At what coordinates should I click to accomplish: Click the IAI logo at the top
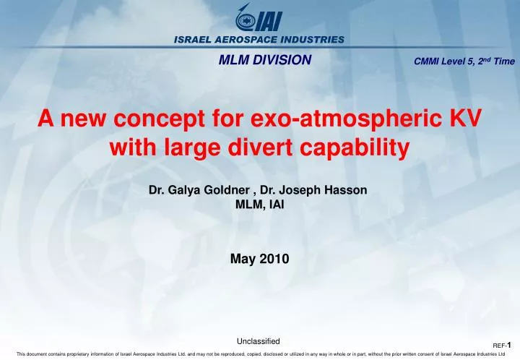click(259, 22)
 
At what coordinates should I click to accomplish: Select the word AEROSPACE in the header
click(248, 39)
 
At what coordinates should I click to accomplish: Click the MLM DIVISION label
click(265, 60)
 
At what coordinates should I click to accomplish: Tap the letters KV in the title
click(464, 119)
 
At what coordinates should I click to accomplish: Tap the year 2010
click(274, 258)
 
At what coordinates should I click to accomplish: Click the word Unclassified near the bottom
click(258, 340)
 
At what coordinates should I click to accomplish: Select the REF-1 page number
click(503, 346)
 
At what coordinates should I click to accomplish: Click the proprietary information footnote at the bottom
click(259, 354)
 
